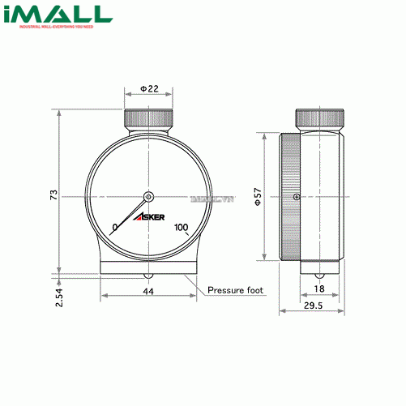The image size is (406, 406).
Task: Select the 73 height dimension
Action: pyautogui.click(x=53, y=195)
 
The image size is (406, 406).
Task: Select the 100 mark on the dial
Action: pyautogui.click(x=181, y=227)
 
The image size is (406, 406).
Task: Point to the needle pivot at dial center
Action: pyautogui.click(x=149, y=195)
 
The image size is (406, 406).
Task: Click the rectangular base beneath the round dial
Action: pyautogui.click(x=149, y=267)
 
